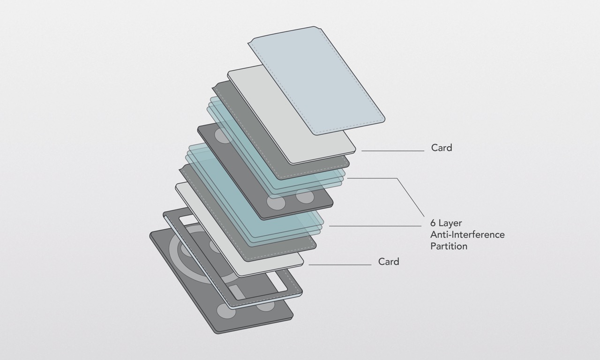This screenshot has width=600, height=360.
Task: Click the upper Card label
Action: pos(442,148)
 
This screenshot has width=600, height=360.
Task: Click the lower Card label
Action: pos(389,262)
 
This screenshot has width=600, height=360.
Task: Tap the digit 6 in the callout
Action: pos(434,223)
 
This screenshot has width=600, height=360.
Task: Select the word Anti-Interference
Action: pos(467,234)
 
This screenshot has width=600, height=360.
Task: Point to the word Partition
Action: pos(449,246)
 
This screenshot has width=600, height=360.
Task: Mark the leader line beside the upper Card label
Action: pos(393,151)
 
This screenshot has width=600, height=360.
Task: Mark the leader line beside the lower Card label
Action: pos(340,265)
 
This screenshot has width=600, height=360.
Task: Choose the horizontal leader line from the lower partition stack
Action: pos(375,226)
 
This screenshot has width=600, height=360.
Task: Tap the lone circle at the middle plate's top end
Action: pos(223,136)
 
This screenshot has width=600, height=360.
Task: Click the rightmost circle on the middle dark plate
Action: pos(305,197)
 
